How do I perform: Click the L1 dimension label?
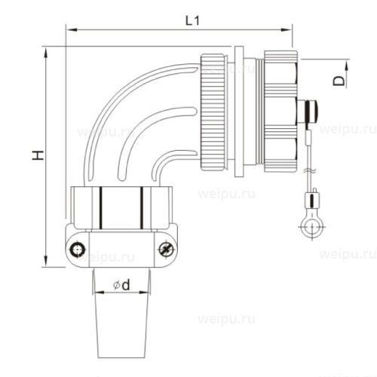tap(192, 21)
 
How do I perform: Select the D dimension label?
tap(339, 81)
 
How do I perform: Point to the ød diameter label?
tap(121, 285)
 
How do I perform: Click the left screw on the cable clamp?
tap(78, 250)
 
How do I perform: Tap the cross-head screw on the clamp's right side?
tap(167, 250)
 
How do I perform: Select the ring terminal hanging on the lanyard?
tap(312, 226)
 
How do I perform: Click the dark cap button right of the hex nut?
tap(311, 110)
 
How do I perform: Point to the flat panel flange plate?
tap(238, 112)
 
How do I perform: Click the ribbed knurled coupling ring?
tap(213, 112)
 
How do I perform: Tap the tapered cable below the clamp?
tap(121, 313)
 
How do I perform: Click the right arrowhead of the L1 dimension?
tap(287, 30)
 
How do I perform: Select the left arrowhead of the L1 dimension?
tap(71, 30)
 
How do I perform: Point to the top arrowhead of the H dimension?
tap(46, 53)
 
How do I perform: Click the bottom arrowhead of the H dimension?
tap(46, 261)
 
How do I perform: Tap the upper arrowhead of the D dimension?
tap(346, 66)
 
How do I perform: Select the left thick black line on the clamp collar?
tap(100, 208)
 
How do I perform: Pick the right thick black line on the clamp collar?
tap(142, 208)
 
